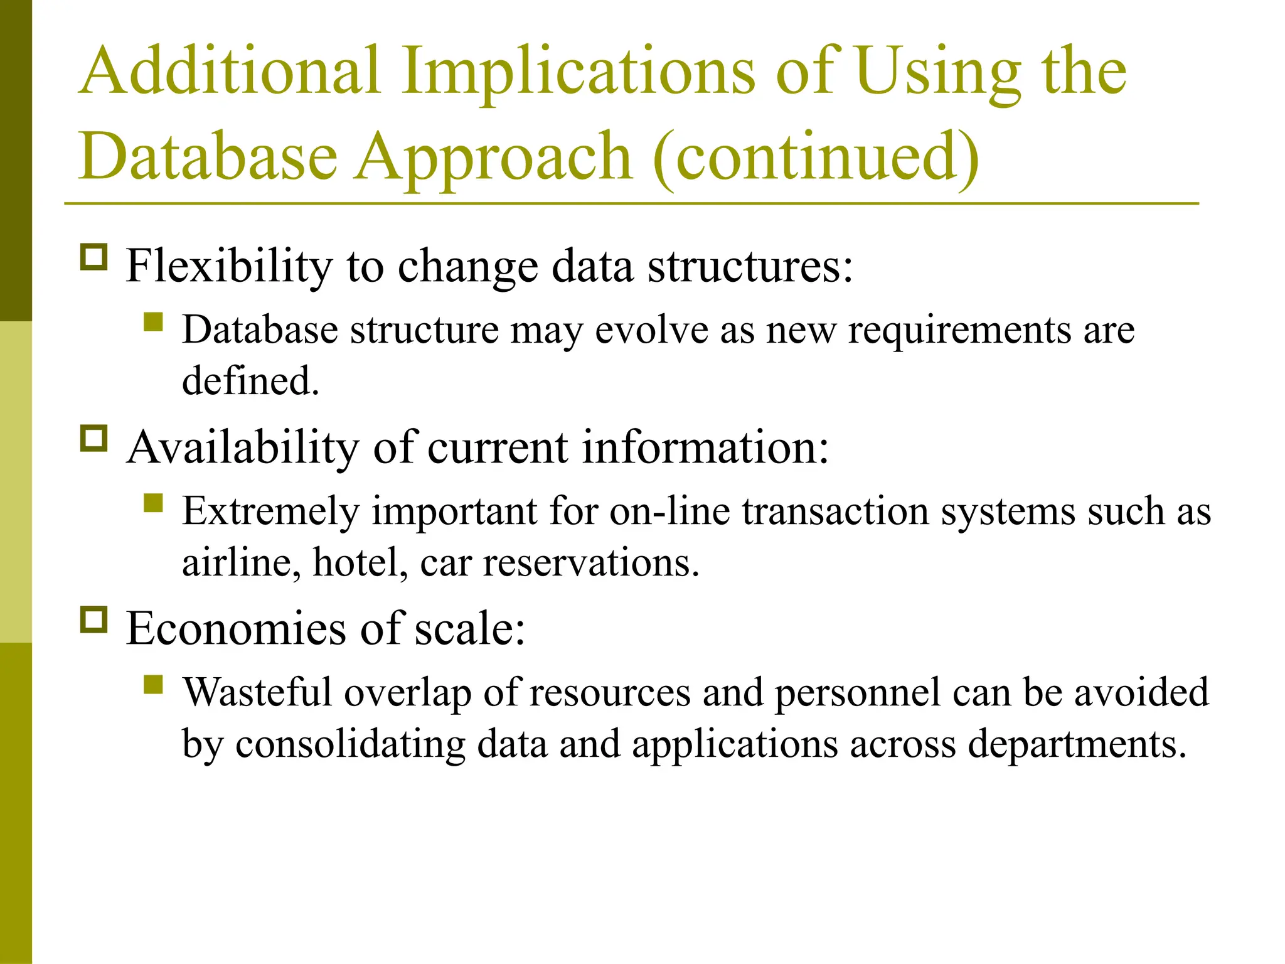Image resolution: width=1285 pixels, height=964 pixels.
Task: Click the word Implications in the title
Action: (578, 72)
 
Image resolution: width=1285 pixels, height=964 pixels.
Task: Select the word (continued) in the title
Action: (816, 158)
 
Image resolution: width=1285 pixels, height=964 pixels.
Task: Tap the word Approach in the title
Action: (493, 158)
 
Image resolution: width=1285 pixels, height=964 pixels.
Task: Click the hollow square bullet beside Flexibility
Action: (94, 257)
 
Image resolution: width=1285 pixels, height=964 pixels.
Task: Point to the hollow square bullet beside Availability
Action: (94, 438)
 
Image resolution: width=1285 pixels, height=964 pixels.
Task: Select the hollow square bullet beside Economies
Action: (94, 619)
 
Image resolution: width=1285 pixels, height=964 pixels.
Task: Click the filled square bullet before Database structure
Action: (153, 322)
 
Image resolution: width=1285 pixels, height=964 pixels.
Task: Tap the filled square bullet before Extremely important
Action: (153, 503)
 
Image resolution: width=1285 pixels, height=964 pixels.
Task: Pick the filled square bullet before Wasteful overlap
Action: (153, 684)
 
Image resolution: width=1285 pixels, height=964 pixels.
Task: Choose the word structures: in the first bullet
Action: (750, 267)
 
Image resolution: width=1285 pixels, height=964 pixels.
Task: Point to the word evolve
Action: (651, 330)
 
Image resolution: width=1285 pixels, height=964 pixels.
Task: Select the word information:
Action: (705, 448)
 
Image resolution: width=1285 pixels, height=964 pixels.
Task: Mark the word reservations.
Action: (590, 562)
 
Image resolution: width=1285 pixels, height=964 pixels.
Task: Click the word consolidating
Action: (350, 744)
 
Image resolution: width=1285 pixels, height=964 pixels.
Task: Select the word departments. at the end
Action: (1077, 744)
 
